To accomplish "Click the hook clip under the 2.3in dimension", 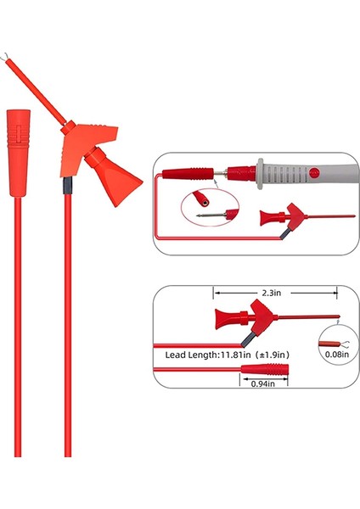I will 263,321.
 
